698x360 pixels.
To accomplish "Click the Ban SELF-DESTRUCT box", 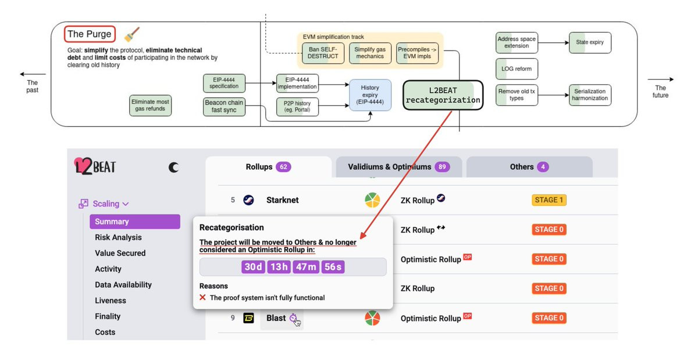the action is [323, 53].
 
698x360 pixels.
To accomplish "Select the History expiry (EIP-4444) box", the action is [370, 95].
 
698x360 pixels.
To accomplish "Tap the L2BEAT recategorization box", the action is [443, 95].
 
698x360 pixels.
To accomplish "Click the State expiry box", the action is [590, 42].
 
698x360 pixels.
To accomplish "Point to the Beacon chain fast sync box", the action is [224, 106].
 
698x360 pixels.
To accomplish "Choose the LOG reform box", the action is [517, 69].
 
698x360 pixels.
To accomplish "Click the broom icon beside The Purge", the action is [132, 34].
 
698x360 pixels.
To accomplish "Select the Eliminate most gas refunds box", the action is [150, 105].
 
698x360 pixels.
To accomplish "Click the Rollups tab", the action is [268, 167].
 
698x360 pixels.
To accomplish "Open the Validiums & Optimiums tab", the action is [398, 167].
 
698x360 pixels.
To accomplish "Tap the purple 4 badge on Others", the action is [543, 167].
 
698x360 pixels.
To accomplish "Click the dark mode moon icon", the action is [173, 167].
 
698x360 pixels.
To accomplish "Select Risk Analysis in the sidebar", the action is [118, 237].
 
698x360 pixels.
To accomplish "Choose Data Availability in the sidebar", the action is [123, 285].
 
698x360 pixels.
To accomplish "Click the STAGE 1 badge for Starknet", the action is [549, 200].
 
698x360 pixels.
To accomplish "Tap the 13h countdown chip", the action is [279, 267].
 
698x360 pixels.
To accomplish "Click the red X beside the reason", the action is [202, 298].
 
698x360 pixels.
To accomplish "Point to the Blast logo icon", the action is [248, 318].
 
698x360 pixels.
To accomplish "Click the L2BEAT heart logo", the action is [82, 166].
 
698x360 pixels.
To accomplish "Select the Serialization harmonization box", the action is [590, 95].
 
